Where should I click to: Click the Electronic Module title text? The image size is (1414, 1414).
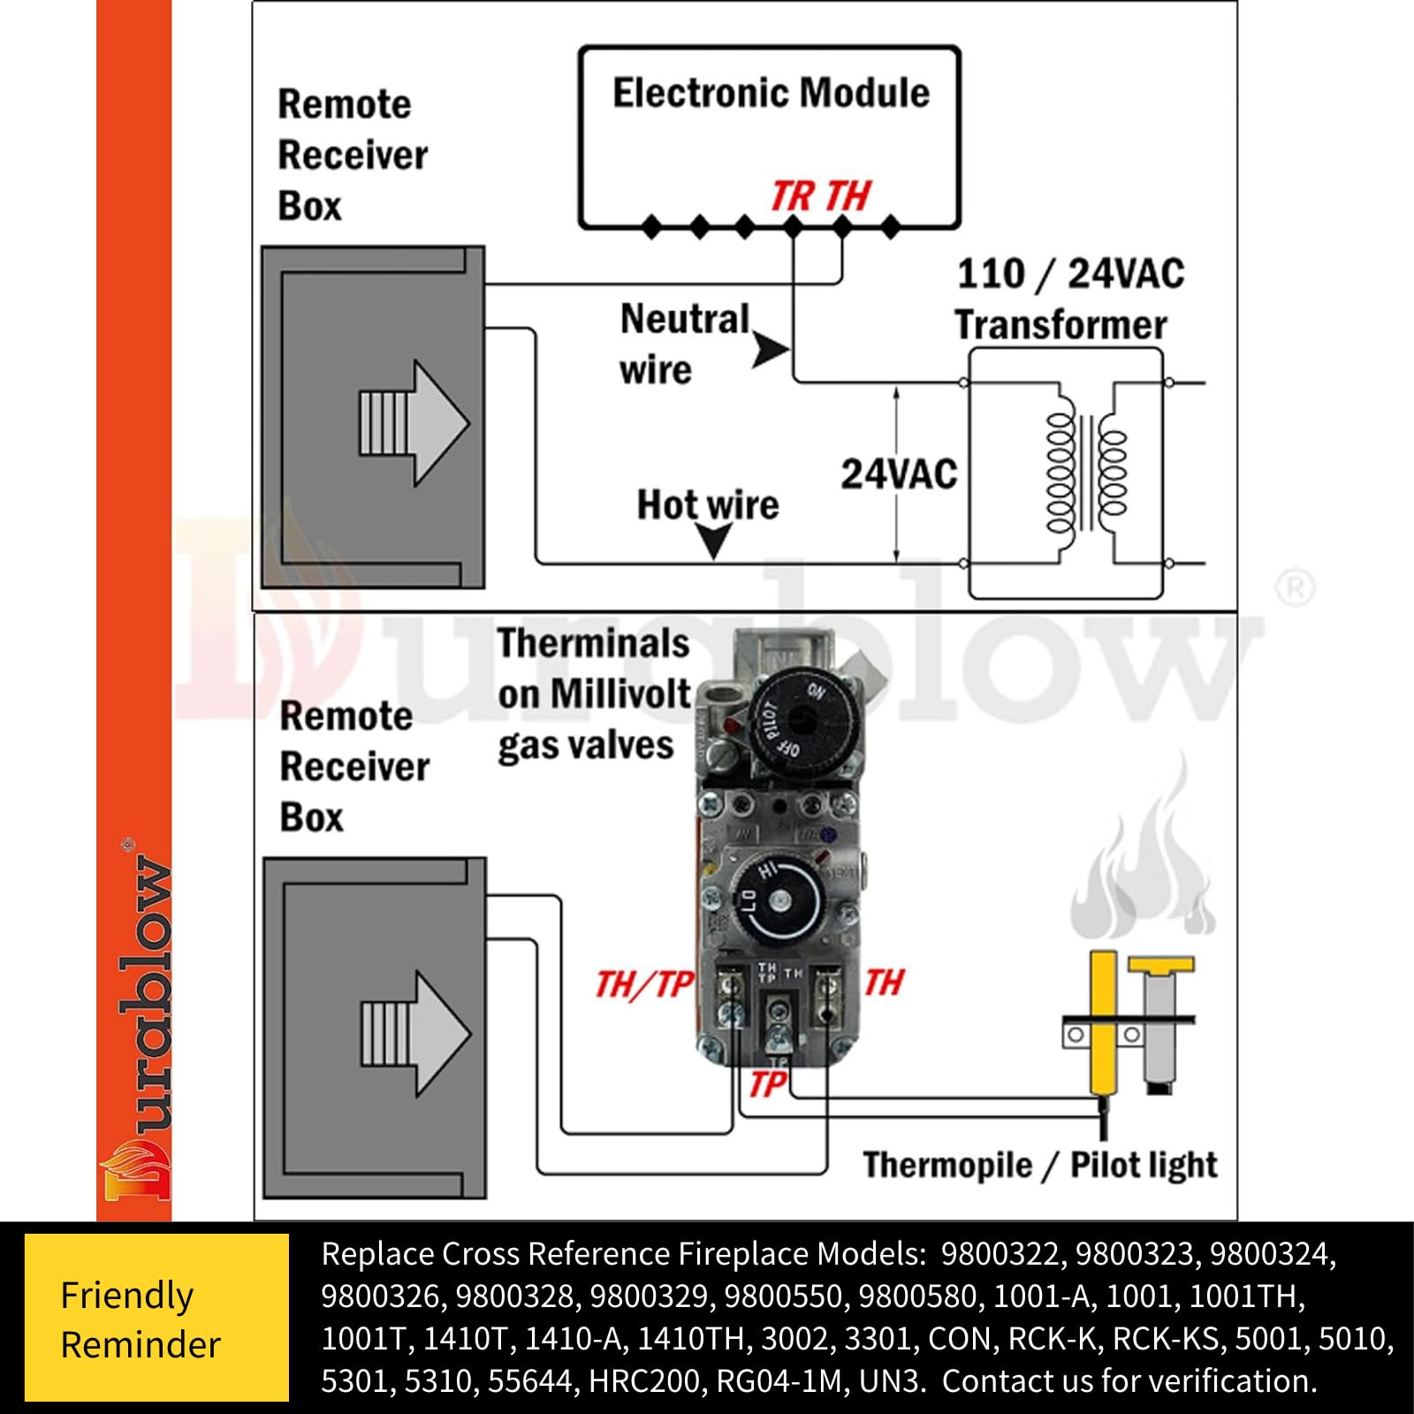tap(771, 94)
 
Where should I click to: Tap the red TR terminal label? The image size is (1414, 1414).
tap(792, 196)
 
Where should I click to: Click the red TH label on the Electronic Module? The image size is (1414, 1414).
tap(848, 196)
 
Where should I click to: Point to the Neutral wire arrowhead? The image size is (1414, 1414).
tap(771, 350)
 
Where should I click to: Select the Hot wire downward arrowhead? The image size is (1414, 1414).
tap(712, 540)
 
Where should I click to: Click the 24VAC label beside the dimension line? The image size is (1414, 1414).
tap(898, 475)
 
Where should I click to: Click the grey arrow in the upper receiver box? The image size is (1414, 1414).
tap(414, 422)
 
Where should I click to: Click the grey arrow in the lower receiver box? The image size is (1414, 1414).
tap(415, 1034)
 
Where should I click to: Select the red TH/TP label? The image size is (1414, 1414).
tap(644, 984)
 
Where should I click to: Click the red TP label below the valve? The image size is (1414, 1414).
tap(767, 1083)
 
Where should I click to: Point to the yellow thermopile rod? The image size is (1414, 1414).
tap(1102, 1021)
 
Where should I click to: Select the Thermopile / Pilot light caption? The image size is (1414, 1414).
tap(1039, 1165)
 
